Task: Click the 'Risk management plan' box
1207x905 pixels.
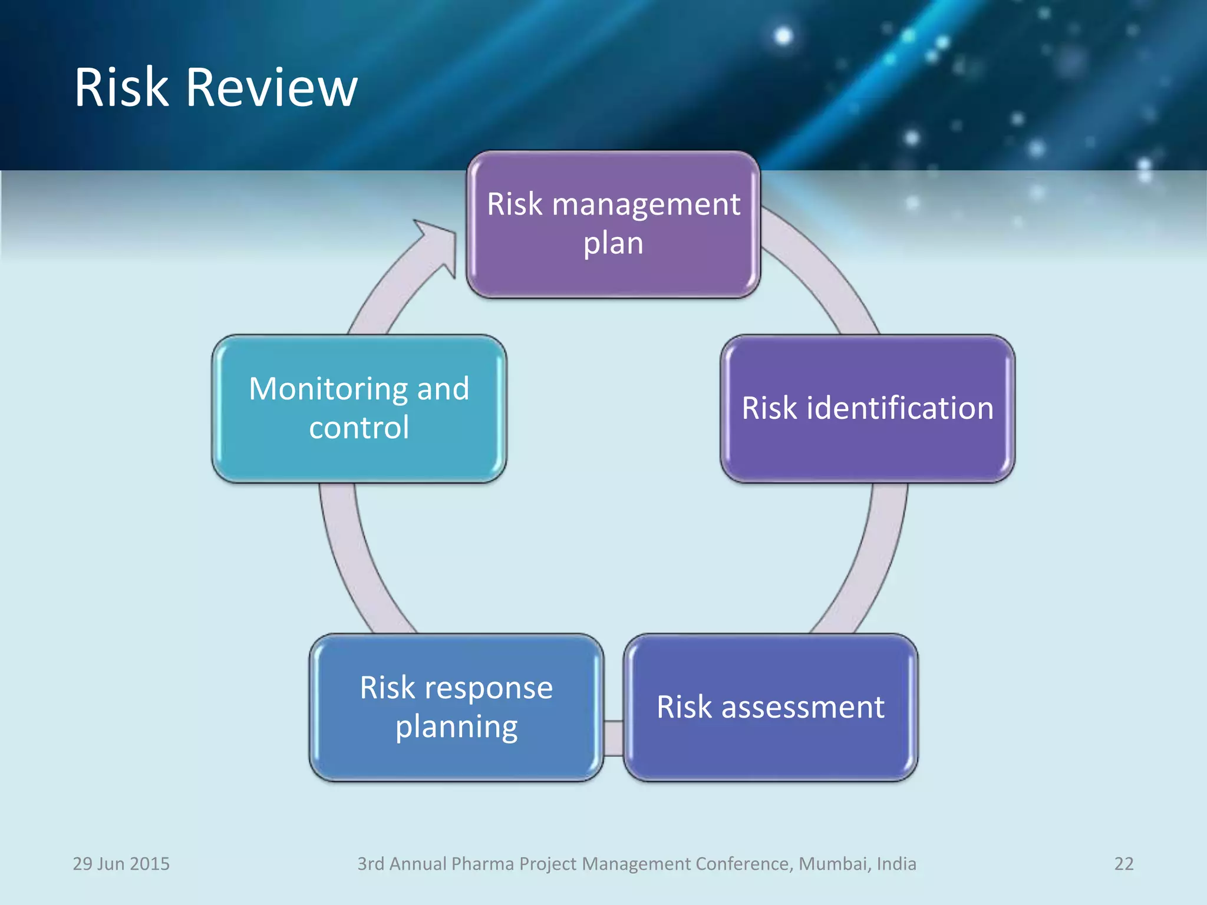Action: click(613, 224)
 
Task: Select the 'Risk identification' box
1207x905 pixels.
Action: click(868, 409)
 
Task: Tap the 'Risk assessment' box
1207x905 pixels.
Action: click(770, 707)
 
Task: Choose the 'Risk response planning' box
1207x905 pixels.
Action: click(456, 707)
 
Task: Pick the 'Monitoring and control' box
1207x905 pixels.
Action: click(359, 409)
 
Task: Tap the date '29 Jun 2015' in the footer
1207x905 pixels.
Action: click(121, 864)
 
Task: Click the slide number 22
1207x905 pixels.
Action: click(1123, 864)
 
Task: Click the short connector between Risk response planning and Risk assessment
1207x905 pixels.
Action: click(614, 738)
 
